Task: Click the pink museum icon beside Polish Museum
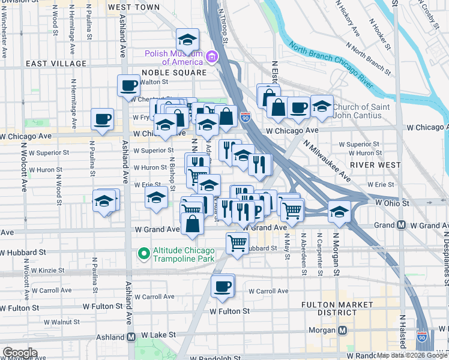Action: (x=211, y=57)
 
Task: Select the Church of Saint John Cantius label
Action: (x=358, y=111)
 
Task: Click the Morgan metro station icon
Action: (x=343, y=331)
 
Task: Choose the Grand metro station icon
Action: (x=401, y=226)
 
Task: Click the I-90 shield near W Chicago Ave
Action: (x=245, y=116)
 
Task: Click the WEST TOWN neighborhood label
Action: (x=134, y=7)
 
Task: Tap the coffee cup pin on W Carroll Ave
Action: (x=222, y=286)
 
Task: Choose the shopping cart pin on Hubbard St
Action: (x=237, y=243)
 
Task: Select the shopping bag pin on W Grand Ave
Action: (x=192, y=225)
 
